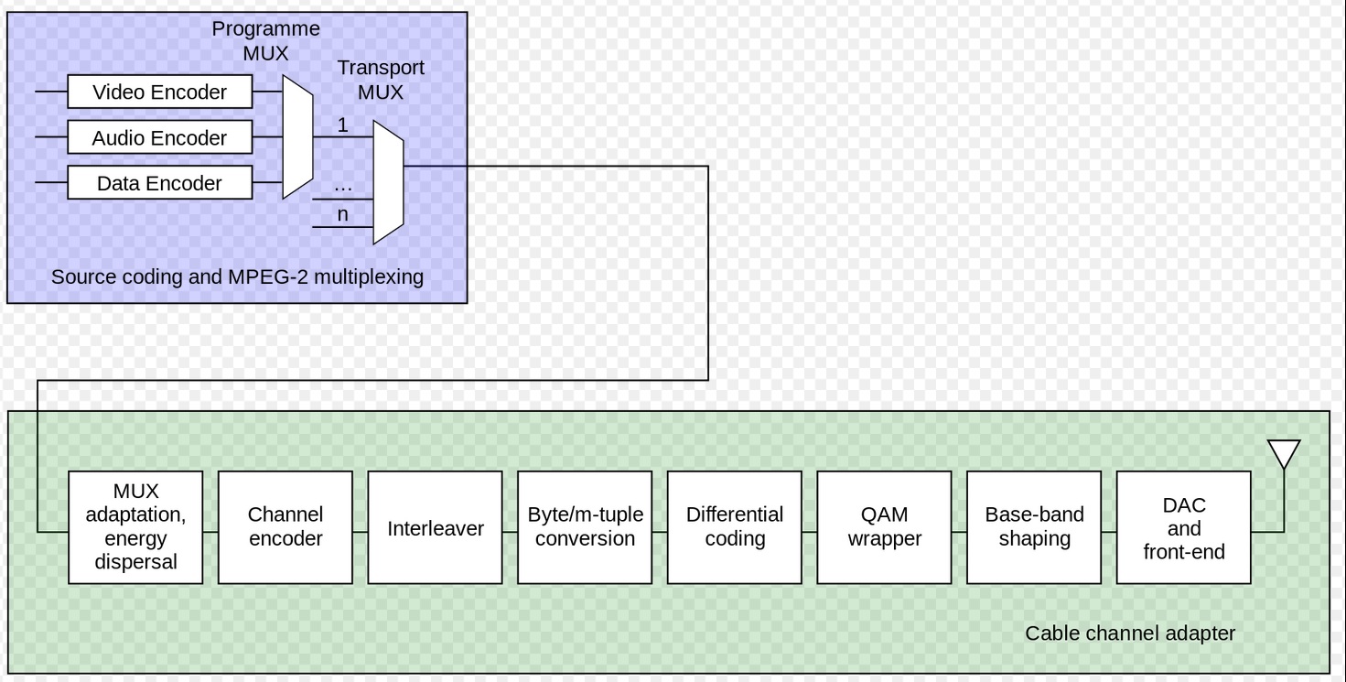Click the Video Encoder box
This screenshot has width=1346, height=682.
(x=160, y=92)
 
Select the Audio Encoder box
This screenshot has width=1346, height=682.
(x=160, y=138)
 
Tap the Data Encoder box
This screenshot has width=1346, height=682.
(x=160, y=183)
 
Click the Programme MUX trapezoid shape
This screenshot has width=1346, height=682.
(x=297, y=137)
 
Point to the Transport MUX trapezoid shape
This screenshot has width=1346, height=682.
(x=388, y=182)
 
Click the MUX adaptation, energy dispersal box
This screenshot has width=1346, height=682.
(x=135, y=527)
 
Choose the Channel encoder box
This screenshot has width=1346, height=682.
(x=285, y=527)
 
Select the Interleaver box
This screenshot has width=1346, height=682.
(x=435, y=527)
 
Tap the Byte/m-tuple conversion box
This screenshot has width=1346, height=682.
(x=585, y=527)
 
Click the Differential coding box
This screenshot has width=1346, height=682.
(x=735, y=527)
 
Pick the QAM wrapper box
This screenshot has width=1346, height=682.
(x=884, y=527)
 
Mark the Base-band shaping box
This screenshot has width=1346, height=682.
(x=1034, y=527)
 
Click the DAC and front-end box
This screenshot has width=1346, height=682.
(x=1184, y=527)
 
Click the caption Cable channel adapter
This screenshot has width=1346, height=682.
(x=1130, y=633)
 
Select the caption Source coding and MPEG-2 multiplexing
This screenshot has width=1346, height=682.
(x=237, y=276)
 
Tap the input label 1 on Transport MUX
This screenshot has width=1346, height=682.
(x=343, y=125)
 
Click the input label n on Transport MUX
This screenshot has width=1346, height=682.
(x=343, y=215)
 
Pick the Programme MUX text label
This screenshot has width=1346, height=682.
(x=266, y=40)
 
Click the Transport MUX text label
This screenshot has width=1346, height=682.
(x=381, y=80)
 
